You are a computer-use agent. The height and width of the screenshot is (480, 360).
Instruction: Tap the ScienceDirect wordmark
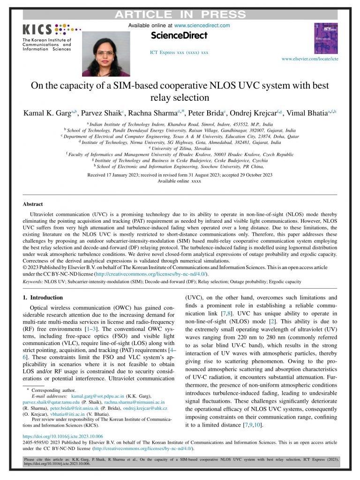179,35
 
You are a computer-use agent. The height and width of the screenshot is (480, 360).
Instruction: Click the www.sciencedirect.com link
202,25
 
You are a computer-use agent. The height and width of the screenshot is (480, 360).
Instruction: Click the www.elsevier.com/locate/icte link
309,59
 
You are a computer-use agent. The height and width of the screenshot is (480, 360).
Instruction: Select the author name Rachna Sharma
154,114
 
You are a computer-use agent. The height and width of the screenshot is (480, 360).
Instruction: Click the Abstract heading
33,204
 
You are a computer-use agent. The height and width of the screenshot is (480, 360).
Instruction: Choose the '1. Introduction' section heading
43,297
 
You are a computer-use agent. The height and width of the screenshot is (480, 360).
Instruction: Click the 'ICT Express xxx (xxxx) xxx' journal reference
179,52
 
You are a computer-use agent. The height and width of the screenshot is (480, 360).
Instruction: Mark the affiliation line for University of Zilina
180,148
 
